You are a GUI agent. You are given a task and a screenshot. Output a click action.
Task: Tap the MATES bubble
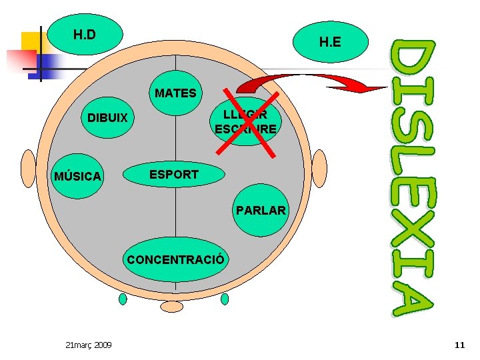coord(176,93)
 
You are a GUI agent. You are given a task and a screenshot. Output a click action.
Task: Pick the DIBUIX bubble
coord(108,119)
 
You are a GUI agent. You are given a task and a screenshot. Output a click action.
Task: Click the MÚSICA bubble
coord(77,177)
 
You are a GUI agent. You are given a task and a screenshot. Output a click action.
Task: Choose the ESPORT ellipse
coord(174,175)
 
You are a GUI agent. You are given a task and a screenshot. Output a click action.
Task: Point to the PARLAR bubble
coord(261,211)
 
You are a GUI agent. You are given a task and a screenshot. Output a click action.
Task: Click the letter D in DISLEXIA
coord(412,65)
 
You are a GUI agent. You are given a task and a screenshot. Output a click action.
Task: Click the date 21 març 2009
coord(89,345)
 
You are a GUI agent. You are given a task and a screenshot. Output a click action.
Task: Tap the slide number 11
coord(459,345)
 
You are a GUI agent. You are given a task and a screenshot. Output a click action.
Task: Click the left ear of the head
coord(28,168)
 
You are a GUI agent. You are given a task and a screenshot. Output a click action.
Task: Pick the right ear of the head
coord(320,168)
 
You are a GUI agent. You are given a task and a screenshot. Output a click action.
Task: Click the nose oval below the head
coord(172,306)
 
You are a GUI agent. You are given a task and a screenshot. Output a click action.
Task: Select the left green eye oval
coord(123,299)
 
